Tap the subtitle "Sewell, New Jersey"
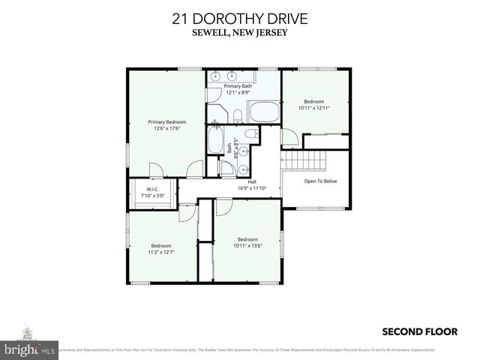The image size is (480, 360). [x=239, y=33]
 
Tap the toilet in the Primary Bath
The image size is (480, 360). [x=236, y=114]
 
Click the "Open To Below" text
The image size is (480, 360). [x=320, y=181]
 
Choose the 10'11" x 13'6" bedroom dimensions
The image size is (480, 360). [x=247, y=245]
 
